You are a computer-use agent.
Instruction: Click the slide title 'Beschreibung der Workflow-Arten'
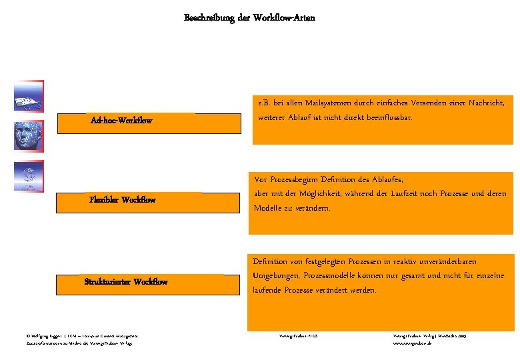pos(249,18)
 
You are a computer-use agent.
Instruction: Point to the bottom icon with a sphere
pos(28,176)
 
